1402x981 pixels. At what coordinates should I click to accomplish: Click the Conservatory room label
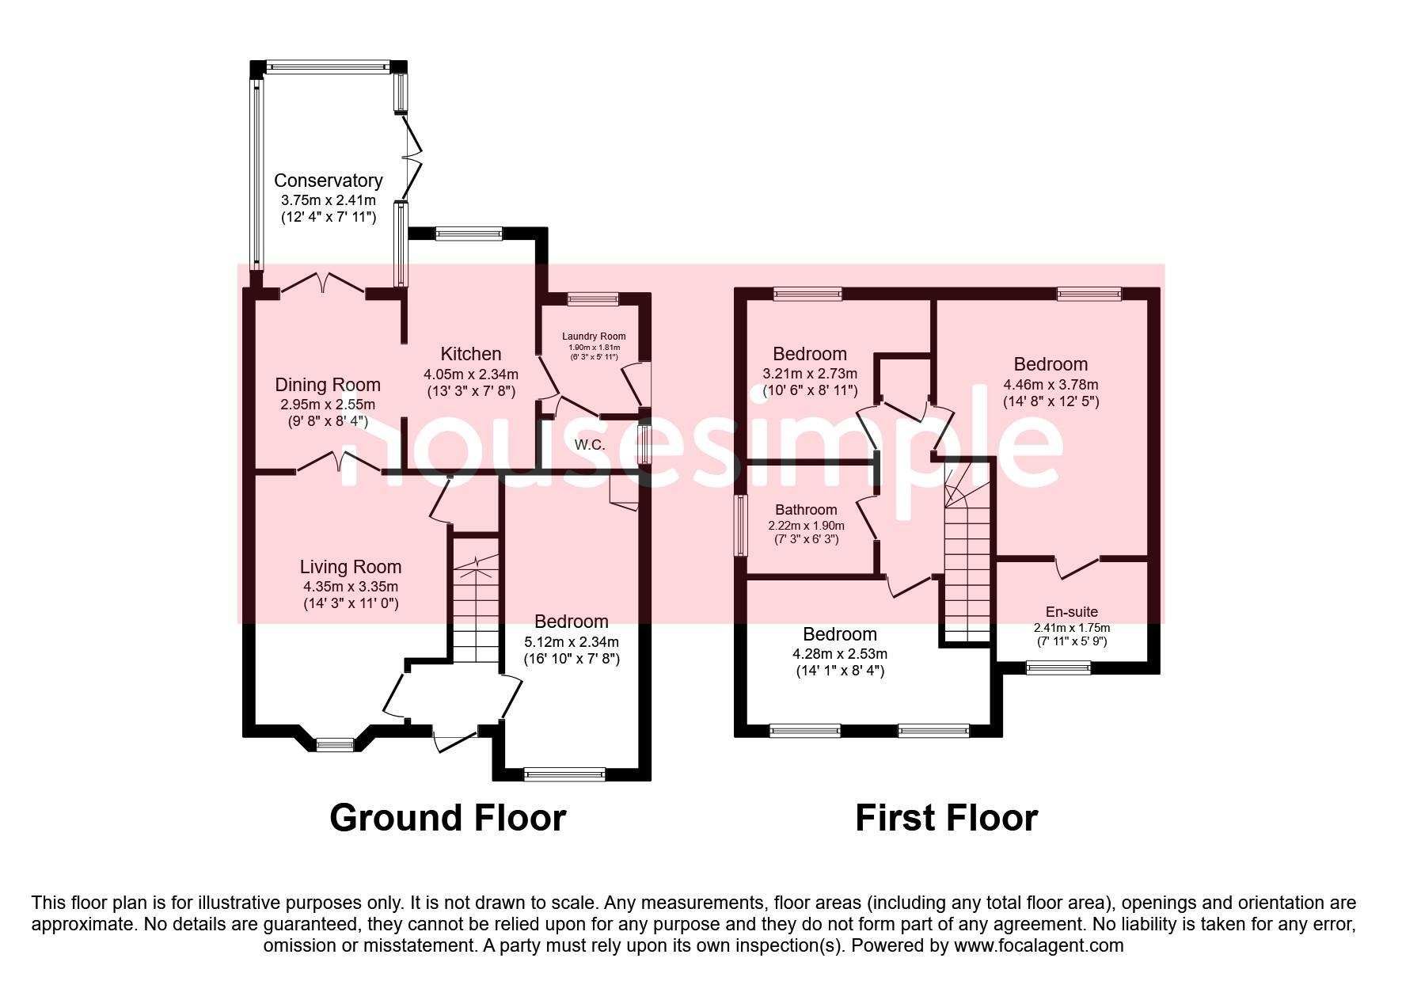328,181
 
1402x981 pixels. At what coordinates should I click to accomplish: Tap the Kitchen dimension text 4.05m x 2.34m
471,375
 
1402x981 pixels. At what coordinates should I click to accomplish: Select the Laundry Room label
594,337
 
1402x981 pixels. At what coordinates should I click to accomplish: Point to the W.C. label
590,445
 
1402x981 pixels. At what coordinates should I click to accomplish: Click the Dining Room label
328,385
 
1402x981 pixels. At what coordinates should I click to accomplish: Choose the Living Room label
351,567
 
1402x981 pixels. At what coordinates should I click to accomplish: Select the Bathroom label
806,510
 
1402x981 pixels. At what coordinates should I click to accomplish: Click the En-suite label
1072,612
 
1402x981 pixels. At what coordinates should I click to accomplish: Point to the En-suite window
1058,668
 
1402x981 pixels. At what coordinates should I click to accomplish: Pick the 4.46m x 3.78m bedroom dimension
1051,385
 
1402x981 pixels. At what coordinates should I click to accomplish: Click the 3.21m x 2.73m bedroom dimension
810,374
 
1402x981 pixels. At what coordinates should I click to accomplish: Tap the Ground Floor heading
448,818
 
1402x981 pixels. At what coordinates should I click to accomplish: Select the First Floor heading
947,818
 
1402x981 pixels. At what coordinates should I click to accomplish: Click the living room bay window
335,744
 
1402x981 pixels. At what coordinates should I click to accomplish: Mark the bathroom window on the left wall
741,526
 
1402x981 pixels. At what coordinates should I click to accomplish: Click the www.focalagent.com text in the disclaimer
1039,945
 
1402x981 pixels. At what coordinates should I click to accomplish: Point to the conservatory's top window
328,67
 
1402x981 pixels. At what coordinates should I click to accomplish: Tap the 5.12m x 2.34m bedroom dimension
572,642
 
